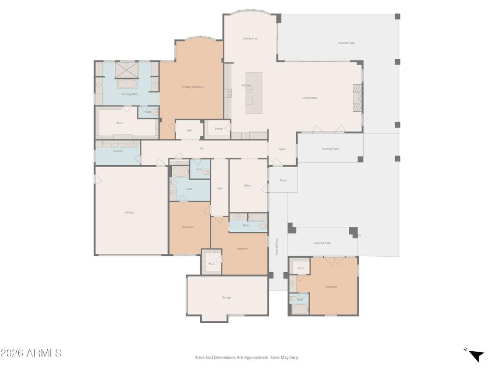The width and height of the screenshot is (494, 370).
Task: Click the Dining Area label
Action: click(250, 39)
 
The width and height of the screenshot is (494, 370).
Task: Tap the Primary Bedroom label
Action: click(192, 87)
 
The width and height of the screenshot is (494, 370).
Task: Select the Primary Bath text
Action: click(129, 94)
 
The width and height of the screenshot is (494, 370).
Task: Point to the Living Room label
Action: click(310, 98)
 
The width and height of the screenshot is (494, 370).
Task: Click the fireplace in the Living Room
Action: click(357, 98)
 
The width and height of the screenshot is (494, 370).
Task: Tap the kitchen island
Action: click(254, 93)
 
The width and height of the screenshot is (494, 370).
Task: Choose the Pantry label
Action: click(219, 129)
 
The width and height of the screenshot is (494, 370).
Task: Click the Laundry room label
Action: click(118, 151)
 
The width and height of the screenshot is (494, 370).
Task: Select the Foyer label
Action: click(282, 149)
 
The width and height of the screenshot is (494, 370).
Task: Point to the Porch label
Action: click(283, 180)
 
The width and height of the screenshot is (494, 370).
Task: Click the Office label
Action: click(247, 185)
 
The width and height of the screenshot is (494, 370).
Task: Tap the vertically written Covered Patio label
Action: click(277, 247)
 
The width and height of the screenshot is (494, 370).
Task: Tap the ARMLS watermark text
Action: click(31, 353)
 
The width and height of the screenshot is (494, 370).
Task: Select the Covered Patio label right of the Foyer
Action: click(330, 149)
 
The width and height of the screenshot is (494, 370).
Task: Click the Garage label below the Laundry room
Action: click(129, 212)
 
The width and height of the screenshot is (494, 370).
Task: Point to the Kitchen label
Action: click(246, 85)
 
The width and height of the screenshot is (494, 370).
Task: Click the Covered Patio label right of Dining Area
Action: click(346, 43)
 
